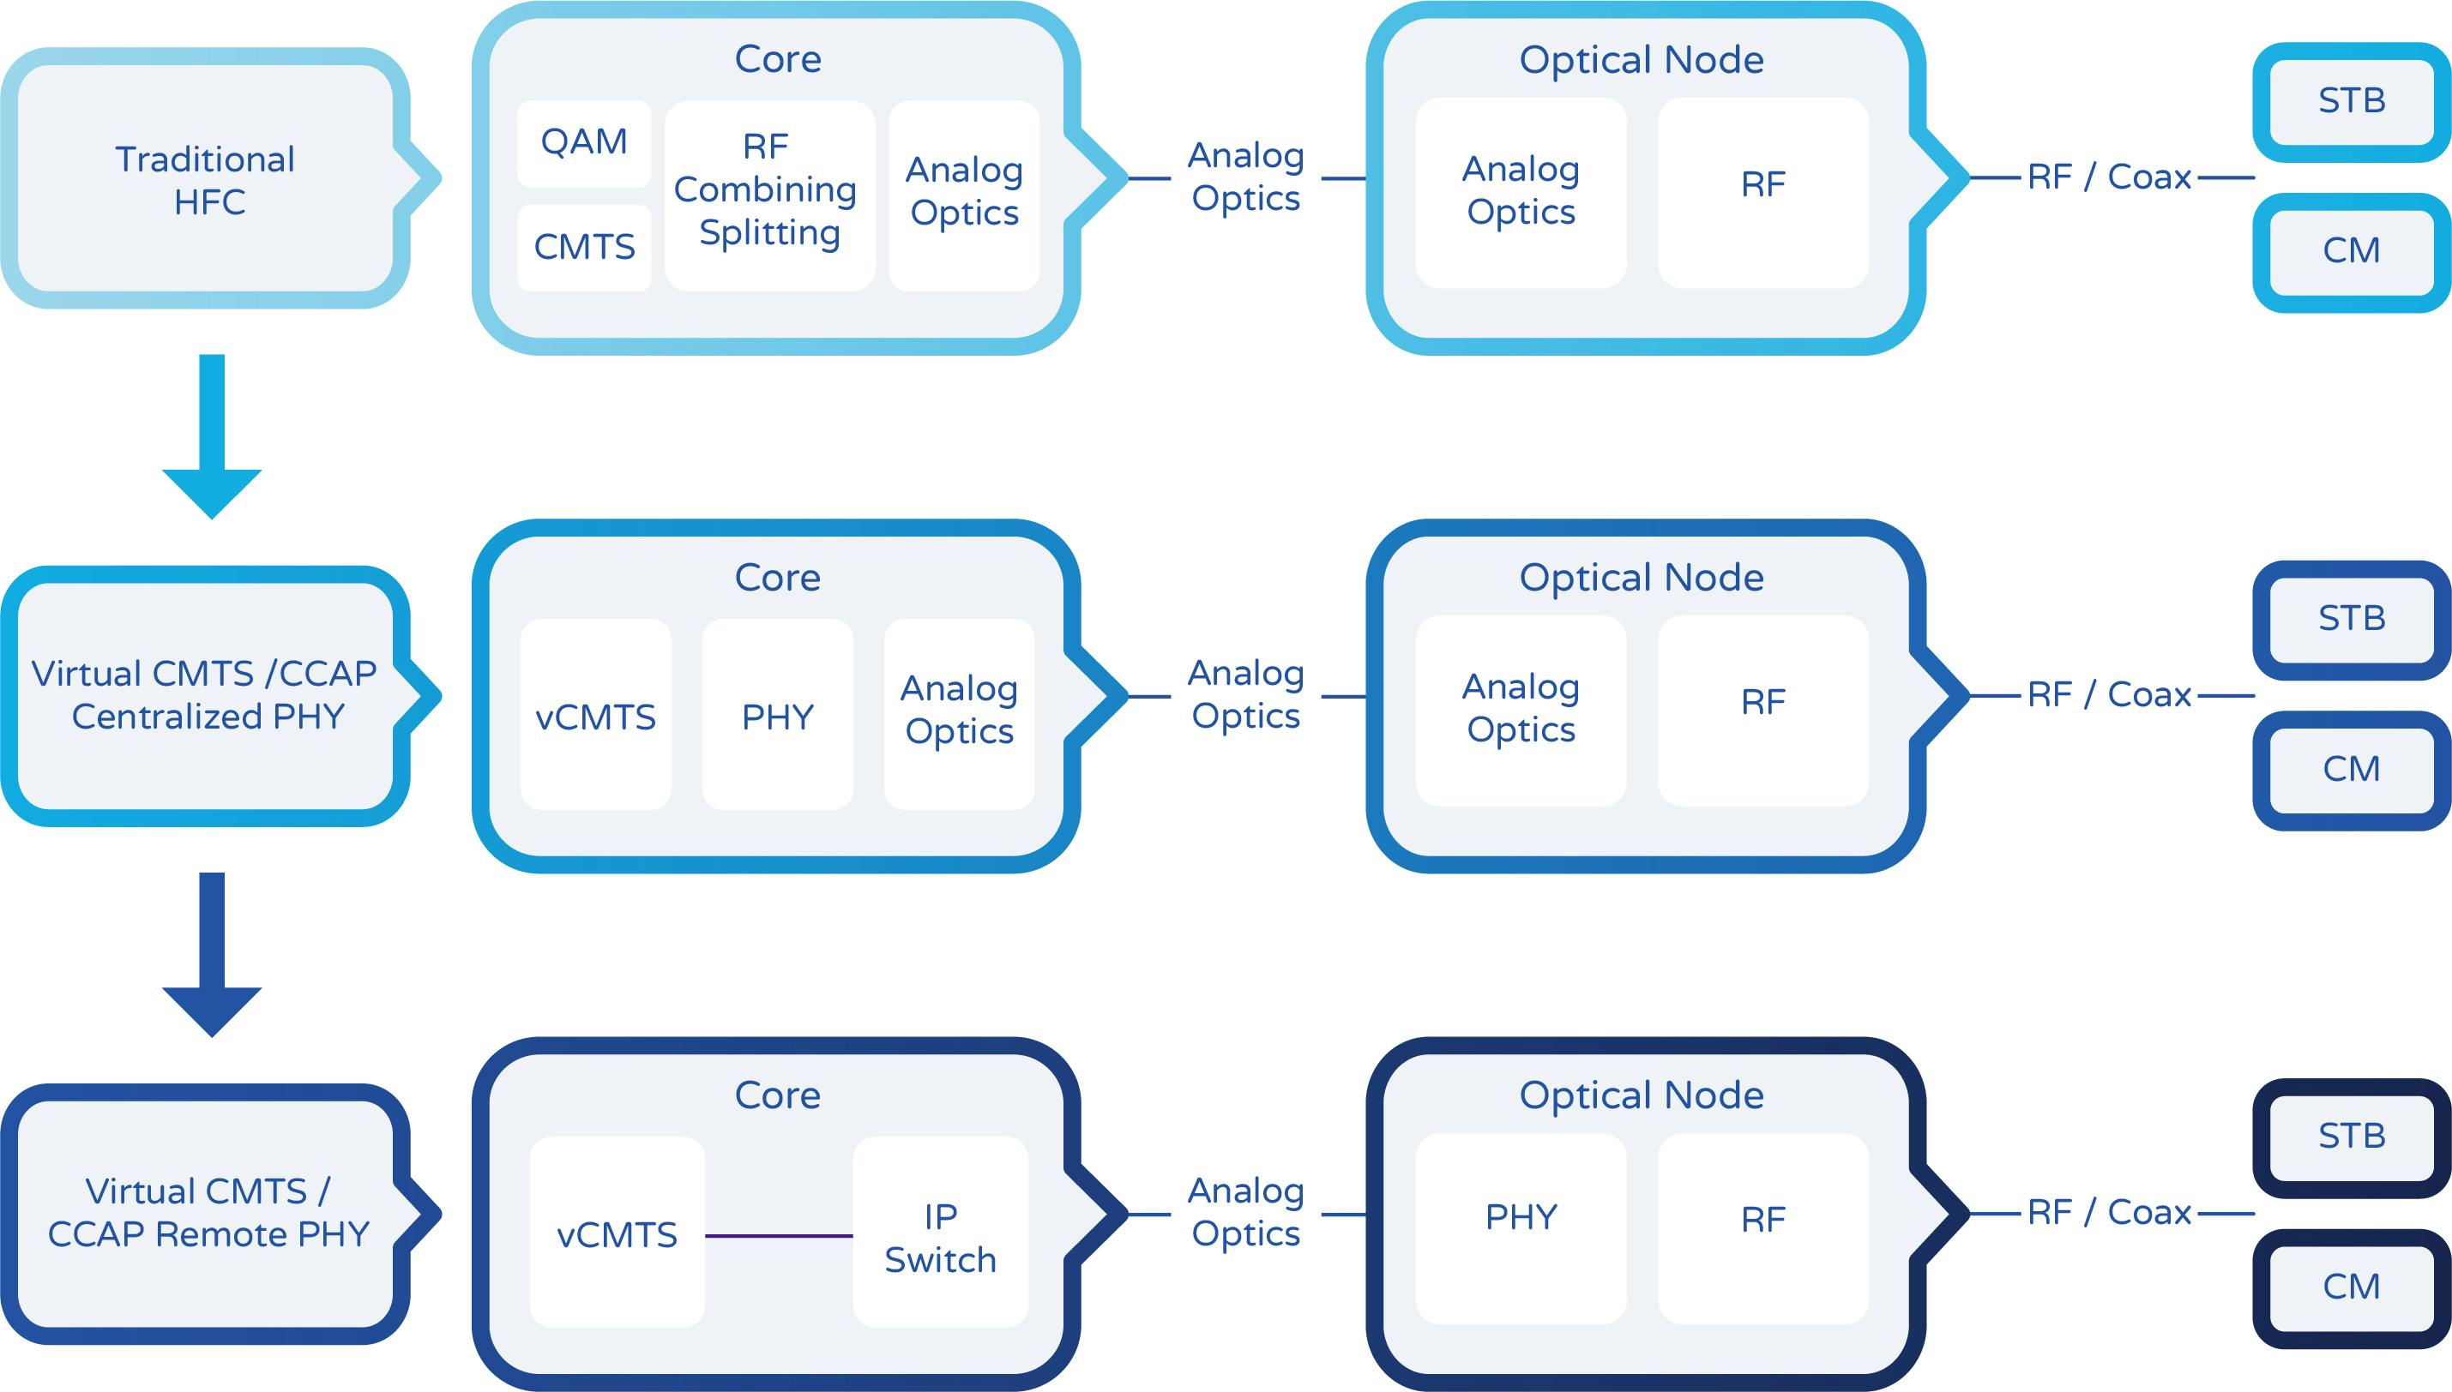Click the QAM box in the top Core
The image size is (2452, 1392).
(583, 143)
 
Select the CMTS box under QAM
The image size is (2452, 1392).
(583, 248)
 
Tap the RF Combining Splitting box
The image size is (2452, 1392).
(769, 195)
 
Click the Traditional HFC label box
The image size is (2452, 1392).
(206, 180)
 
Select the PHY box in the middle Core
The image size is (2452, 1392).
(778, 715)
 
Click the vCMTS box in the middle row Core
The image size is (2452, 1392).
(595, 715)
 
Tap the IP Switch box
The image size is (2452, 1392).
(940, 1233)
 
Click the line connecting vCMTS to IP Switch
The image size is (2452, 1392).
(779, 1236)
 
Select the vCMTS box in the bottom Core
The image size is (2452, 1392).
(617, 1233)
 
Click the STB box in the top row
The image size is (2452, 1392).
(2352, 101)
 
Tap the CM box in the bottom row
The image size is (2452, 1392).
(2352, 1287)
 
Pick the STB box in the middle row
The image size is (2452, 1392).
(2352, 620)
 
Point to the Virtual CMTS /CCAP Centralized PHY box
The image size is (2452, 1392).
(206, 696)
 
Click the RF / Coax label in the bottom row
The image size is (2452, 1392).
(2109, 1212)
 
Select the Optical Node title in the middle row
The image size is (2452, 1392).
(1641, 578)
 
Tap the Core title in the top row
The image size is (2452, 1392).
(778, 59)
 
